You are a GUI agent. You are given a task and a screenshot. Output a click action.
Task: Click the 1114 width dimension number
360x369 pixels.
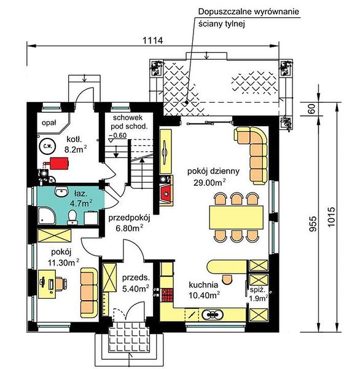152,41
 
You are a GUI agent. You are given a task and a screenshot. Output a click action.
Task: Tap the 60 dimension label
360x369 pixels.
311,109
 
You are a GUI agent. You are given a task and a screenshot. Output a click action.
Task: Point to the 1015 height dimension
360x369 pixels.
331,216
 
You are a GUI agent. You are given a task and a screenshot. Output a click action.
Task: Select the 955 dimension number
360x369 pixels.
313,224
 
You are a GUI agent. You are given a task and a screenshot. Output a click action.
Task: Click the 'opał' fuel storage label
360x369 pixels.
49,122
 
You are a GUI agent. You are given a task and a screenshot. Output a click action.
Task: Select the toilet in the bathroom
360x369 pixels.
72,217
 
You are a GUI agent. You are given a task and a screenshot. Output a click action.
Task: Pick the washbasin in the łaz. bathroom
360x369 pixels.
61,191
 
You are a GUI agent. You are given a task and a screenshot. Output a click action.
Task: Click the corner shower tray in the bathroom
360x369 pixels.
46,215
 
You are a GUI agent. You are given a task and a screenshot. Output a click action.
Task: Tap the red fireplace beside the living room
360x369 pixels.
166,194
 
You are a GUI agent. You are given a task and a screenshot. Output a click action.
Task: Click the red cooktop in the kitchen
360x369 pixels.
167,295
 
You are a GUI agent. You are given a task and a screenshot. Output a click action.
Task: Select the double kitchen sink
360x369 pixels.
213,314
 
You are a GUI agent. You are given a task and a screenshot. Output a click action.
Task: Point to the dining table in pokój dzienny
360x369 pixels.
236,217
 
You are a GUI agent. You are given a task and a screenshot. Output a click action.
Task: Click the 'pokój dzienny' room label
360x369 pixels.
213,171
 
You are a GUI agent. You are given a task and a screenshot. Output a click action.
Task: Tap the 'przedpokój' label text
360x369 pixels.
129,218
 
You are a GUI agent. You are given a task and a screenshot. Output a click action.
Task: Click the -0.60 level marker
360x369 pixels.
117,136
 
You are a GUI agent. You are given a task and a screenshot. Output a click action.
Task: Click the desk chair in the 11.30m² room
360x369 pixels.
61,284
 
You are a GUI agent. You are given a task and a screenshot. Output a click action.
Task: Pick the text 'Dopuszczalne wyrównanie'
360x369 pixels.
249,12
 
